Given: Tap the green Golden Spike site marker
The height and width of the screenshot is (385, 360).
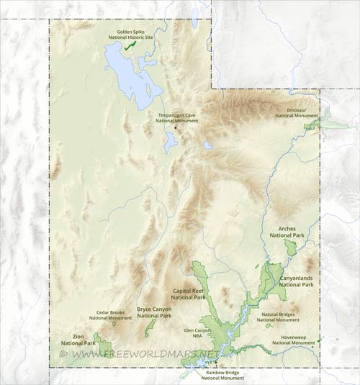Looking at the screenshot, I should tap(130, 45).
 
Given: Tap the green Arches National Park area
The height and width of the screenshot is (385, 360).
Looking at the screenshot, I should tap(291, 248).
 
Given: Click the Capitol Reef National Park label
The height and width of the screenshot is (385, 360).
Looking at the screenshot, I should tap(189, 294).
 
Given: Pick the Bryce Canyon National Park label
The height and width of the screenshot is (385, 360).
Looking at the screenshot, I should tap(154, 312).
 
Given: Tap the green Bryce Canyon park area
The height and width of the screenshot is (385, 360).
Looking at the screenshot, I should tap(150, 328).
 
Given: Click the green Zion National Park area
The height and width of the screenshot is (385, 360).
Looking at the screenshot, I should tap(101, 345).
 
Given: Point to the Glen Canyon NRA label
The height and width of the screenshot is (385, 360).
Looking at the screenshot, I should tap(197, 332).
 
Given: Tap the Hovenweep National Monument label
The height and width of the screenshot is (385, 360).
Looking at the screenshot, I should tap(293, 340).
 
